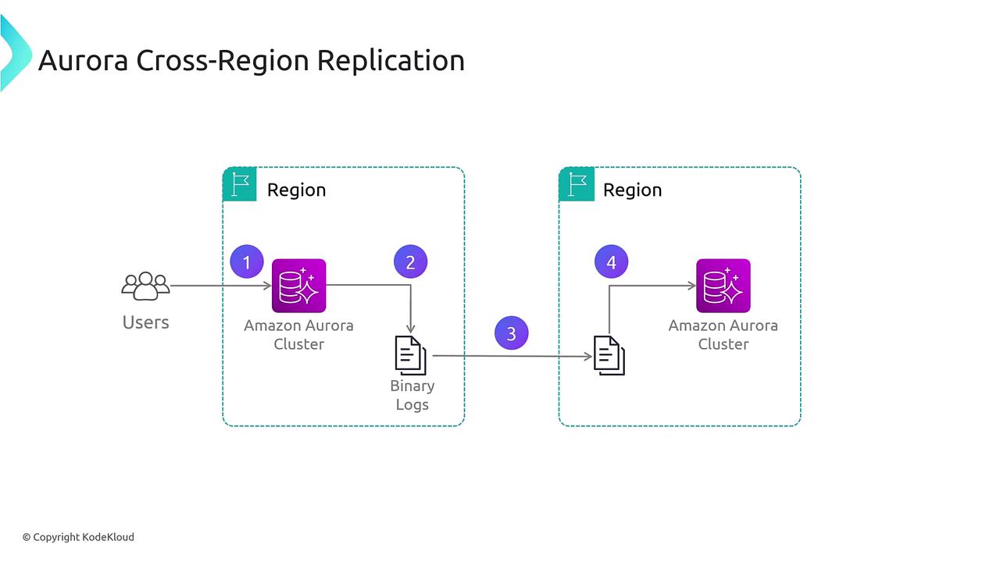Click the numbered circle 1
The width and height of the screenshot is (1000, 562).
247,262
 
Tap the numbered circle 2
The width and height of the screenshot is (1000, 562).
410,262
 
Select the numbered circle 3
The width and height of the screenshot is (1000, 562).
511,333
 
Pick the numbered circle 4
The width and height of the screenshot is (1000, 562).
611,262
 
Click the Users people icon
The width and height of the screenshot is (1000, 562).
145,286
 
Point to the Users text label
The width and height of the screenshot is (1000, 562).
145,322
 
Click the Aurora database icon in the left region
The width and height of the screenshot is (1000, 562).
298,286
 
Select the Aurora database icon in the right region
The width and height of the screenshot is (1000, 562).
723,286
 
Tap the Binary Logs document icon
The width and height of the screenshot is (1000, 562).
411,356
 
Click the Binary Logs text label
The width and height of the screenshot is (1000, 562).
412,395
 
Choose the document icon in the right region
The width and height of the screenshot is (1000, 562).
609,355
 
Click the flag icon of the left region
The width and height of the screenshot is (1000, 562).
240,185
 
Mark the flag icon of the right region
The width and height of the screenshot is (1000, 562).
577,185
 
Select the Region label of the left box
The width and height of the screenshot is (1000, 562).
296,190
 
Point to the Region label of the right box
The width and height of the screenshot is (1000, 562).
632,190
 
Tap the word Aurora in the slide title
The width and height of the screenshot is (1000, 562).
83,60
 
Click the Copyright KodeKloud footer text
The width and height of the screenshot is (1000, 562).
78,537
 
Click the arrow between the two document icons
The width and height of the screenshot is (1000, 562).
512,357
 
